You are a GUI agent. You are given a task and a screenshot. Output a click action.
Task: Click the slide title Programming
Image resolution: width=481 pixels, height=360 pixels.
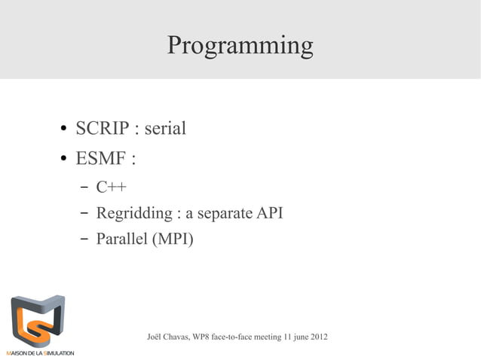[x=240, y=45]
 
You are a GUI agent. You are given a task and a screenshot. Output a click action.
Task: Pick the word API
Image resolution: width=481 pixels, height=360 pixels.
[x=271, y=213]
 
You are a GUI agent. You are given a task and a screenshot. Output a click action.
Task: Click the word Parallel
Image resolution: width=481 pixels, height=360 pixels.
[x=121, y=239]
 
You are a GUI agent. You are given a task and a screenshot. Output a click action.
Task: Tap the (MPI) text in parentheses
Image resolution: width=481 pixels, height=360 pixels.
[x=173, y=240]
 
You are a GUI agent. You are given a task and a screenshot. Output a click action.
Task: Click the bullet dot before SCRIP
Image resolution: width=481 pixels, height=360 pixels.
[x=65, y=130]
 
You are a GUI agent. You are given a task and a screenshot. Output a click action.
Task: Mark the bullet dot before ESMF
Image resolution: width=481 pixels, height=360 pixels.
[x=65, y=160]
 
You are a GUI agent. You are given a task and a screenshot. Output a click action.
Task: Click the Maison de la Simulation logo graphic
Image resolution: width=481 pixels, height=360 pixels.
[x=37, y=319]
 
